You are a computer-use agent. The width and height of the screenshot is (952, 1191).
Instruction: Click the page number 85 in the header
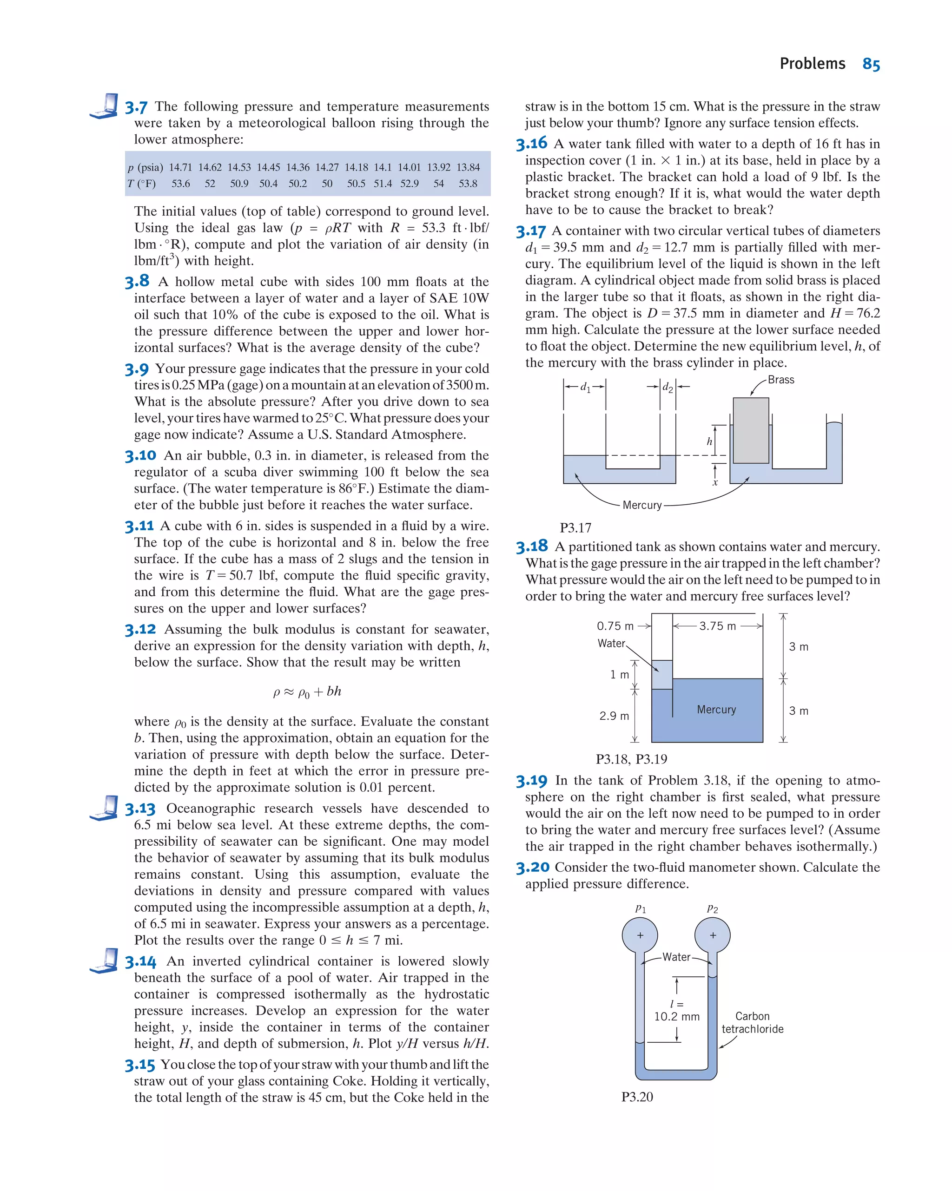click(871, 64)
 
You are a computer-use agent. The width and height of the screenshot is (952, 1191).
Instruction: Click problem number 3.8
click(137, 282)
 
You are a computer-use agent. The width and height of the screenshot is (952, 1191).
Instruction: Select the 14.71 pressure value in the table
click(181, 167)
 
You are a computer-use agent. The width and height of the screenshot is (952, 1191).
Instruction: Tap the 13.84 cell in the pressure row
click(468, 167)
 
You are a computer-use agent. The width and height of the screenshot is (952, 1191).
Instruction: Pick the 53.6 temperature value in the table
click(181, 184)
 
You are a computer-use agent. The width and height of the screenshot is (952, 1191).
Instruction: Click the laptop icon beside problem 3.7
click(105, 106)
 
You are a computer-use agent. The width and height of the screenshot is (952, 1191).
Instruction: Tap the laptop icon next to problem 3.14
click(105, 961)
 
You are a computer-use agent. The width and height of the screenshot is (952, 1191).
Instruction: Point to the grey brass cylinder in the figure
click(751, 430)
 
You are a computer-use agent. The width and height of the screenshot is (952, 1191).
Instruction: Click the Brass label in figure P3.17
click(781, 380)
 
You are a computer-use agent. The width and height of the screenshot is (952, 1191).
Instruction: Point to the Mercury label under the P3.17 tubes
click(642, 506)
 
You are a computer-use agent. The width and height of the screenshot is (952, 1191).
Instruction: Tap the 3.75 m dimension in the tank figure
click(717, 626)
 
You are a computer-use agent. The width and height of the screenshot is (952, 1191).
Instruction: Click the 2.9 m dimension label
click(614, 717)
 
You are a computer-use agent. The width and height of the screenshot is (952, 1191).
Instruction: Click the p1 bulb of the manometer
click(640, 936)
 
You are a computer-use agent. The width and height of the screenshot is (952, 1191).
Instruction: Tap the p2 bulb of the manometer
click(713, 936)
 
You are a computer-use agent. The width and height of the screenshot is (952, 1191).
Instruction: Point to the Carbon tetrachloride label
click(753, 1022)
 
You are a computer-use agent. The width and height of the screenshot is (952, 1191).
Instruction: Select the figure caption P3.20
click(637, 1097)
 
